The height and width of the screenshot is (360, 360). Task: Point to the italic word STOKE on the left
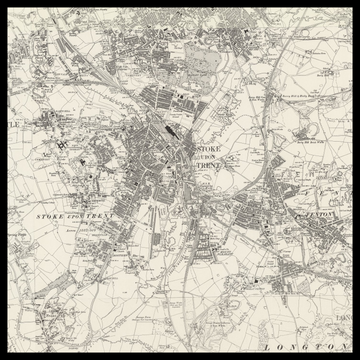pos(51,215)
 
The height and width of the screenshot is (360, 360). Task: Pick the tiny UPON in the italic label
pos(74,215)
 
